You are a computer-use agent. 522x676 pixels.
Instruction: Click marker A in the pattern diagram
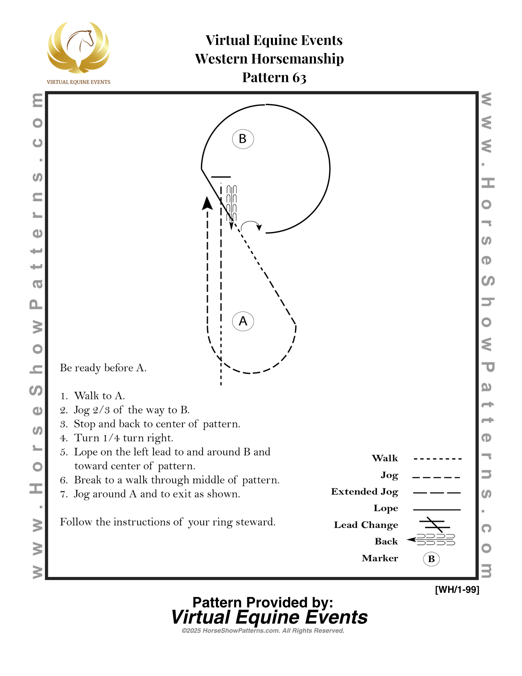243,321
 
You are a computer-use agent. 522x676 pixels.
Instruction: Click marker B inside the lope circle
243,139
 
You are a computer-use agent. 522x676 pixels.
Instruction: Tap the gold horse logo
78,47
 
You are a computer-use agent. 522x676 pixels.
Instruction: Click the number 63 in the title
299,78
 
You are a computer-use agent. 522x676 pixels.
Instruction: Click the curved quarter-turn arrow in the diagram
251,225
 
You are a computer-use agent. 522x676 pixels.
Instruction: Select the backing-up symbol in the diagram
231,203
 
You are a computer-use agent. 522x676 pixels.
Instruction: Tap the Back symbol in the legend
431,540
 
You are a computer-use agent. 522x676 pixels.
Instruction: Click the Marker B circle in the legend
431,559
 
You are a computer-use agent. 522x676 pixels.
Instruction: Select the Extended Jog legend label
365,491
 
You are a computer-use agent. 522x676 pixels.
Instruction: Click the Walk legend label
385,458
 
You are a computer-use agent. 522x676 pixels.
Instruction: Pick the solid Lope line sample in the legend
437,509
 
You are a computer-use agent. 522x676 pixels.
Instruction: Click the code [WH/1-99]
457,589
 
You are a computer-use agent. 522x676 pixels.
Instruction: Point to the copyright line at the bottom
263,631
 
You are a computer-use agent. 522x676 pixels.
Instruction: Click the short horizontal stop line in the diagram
221,177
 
